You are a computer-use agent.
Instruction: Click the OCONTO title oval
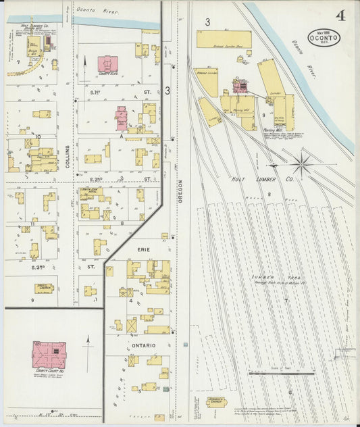[x=328, y=37]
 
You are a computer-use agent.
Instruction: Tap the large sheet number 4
[x=340, y=16]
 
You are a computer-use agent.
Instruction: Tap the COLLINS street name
[x=68, y=157]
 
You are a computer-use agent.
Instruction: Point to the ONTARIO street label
[x=143, y=346]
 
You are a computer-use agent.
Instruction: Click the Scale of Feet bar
[x=281, y=373]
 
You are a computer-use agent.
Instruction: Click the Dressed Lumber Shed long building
[x=224, y=39]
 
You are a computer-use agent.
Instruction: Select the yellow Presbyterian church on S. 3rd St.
[x=45, y=288]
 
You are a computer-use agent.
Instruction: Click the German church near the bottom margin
[x=217, y=402]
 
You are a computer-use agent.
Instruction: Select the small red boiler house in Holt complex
[x=239, y=86]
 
